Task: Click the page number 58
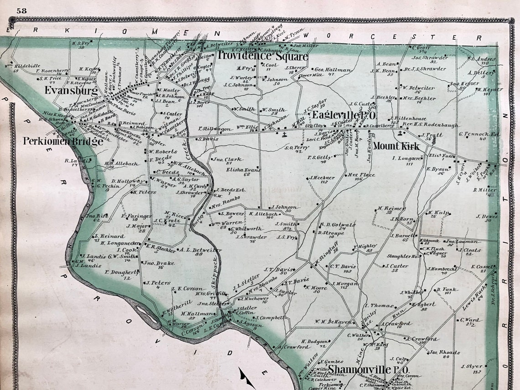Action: click(x=21, y=10)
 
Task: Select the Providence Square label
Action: click(x=262, y=56)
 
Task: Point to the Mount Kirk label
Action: click(x=395, y=146)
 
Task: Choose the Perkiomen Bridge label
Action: click(x=63, y=141)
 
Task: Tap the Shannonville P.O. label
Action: click(x=368, y=369)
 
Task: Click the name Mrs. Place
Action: click(x=361, y=175)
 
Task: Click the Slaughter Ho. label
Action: click(x=403, y=256)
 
